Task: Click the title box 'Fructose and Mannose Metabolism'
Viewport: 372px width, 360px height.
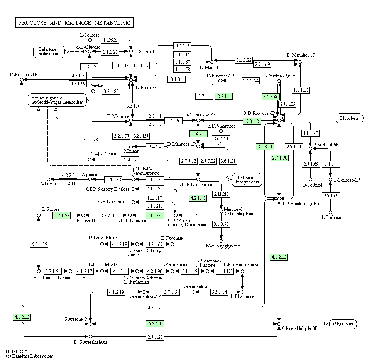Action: tap(74, 22)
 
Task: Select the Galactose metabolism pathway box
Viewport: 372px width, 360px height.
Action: tap(49, 51)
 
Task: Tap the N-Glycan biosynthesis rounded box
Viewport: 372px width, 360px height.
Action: tap(247, 180)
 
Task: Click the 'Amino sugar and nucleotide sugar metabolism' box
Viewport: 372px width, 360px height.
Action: tap(57, 100)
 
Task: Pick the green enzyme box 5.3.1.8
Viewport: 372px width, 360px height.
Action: tap(252, 121)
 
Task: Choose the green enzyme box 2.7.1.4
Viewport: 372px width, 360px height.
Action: tap(224, 96)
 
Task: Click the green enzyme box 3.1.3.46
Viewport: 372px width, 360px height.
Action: tap(271, 97)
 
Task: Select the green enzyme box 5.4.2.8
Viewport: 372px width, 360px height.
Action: tap(199, 134)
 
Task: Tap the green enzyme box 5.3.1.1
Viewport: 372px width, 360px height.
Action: tap(155, 324)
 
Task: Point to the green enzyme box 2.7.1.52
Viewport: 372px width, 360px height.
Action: tap(62, 215)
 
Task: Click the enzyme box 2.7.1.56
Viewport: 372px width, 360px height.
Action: tap(155, 307)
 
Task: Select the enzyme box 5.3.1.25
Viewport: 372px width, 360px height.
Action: tap(39, 244)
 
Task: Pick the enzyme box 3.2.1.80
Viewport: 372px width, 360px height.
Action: tap(111, 91)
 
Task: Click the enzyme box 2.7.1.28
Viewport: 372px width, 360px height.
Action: tap(155, 337)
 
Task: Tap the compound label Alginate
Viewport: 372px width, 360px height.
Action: tap(90, 175)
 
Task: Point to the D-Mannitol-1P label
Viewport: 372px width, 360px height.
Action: tap(301, 55)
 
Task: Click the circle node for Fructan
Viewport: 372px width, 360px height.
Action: tap(93, 91)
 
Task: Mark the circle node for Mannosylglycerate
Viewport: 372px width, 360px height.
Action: tap(221, 241)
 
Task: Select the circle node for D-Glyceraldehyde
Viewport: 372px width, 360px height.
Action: tap(90, 337)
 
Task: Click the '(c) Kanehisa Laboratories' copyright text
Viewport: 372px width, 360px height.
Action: tap(29, 356)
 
